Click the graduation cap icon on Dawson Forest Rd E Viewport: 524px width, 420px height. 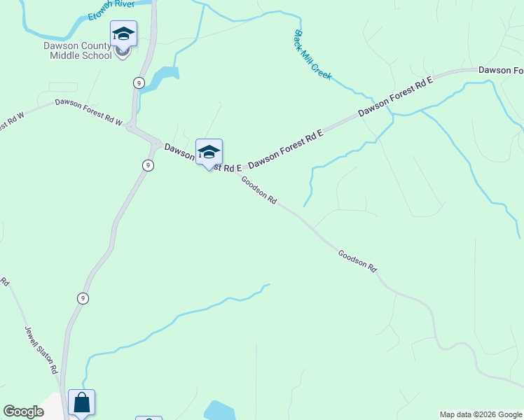[x=209, y=152]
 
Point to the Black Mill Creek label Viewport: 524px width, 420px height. [x=312, y=55]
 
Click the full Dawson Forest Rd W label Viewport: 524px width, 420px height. [x=89, y=112]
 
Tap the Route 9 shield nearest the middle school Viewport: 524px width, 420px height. [x=139, y=83]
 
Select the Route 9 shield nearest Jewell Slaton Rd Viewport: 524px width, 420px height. [x=83, y=298]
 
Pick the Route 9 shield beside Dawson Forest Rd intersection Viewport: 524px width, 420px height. [x=147, y=165]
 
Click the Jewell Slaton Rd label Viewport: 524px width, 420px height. [x=41, y=350]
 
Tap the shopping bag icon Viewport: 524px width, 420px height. [x=81, y=402]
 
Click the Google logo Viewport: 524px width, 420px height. [x=23, y=412]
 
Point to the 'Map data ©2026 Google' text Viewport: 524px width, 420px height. [x=481, y=414]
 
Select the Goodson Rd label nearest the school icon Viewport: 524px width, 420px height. [x=259, y=189]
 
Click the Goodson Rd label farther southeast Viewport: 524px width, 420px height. [x=357, y=260]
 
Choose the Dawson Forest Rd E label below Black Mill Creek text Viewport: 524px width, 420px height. [x=396, y=97]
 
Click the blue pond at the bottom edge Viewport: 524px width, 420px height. [x=220, y=411]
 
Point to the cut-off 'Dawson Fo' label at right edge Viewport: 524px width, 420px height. [x=500, y=71]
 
